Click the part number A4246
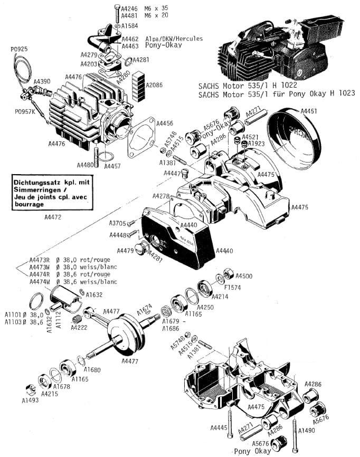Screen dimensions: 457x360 [129, 8]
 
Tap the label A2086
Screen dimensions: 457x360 [155, 84]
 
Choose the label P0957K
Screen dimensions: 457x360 [25, 112]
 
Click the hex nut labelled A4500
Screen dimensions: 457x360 [230, 273]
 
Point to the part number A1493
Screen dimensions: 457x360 [30, 400]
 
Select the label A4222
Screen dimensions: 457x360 [79, 328]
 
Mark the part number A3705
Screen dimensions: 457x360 [118, 223]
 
